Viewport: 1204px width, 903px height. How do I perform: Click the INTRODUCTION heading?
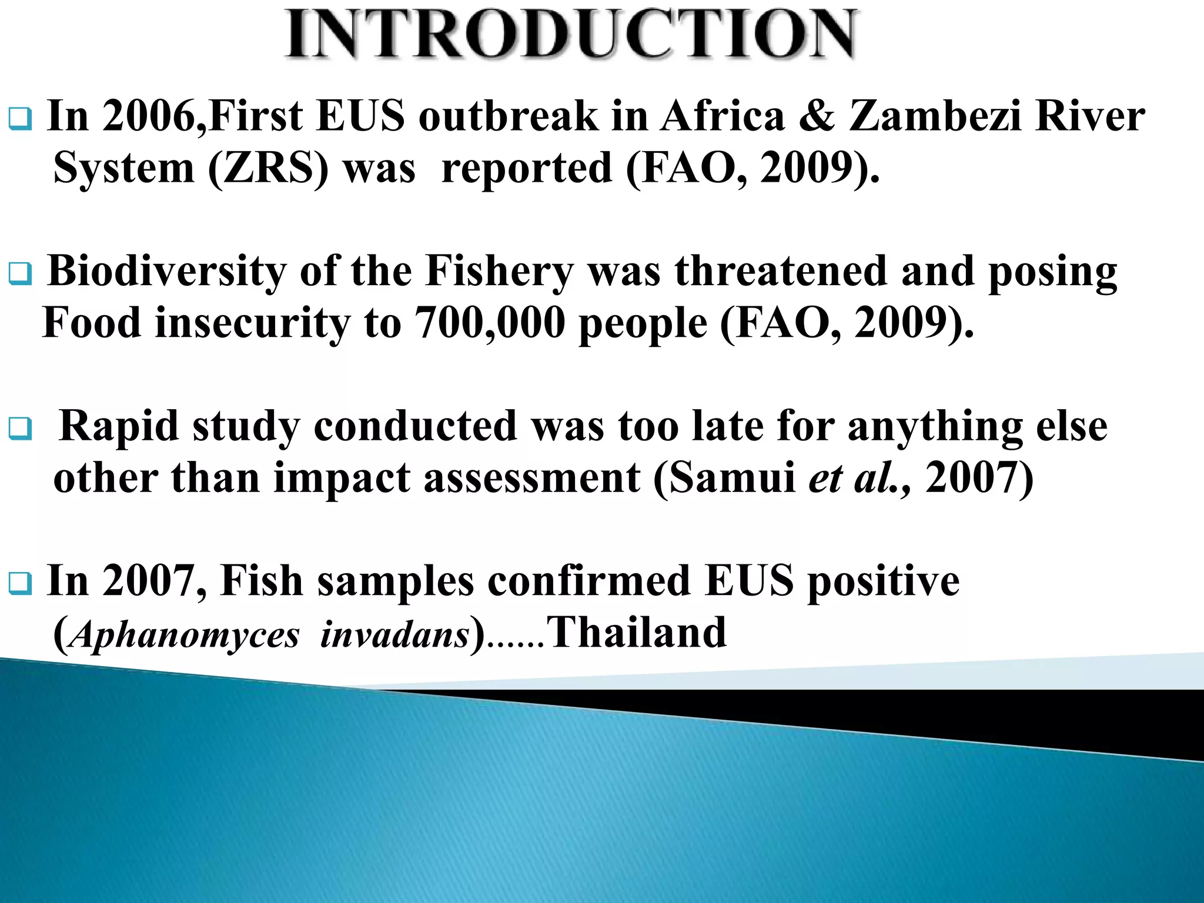(x=570, y=34)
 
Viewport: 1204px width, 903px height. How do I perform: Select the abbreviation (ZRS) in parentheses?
(x=268, y=169)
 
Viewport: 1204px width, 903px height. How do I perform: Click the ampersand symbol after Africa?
(x=817, y=116)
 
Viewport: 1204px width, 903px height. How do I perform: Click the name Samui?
(x=732, y=477)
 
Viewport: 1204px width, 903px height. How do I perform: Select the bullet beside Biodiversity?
(x=21, y=274)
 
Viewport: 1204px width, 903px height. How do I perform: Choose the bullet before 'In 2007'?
(x=21, y=584)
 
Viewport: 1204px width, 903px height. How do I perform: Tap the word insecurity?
(x=252, y=324)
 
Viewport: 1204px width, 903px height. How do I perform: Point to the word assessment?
(x=531, y=477)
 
